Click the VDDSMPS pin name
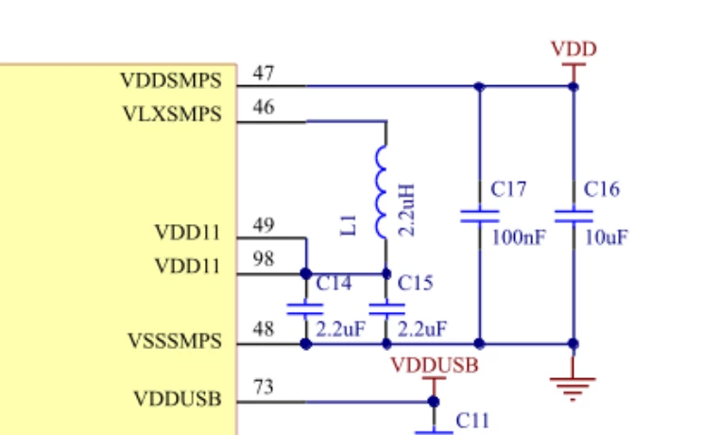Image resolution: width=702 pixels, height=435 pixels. click(x=171, y=80)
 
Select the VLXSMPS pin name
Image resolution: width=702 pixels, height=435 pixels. click(x=172, y=114)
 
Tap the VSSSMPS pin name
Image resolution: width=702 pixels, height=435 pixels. click(x=175, y=341)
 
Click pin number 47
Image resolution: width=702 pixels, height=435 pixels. click(x=264, y=73)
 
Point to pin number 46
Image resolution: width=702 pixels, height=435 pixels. click(x=264, y=107)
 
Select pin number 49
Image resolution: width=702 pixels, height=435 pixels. click(x=264, y=225)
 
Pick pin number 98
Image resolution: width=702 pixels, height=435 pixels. click(x=264, y=259)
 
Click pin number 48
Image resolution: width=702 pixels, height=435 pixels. click(x=264, y=330)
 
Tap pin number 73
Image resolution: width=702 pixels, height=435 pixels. click(x=264, y=387)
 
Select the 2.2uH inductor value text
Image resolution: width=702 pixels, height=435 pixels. click(x=406, y=210)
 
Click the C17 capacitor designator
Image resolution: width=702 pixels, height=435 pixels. click(x=508, y=189)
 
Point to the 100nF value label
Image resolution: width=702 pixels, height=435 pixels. click(x=519, y=237)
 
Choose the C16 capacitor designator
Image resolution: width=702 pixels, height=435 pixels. click(x=602, y=189)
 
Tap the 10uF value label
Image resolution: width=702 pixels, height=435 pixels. click(x=607, y=237)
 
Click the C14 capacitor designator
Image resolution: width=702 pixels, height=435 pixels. click(x=334, y=283)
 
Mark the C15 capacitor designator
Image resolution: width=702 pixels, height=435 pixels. click(x=416, y=283)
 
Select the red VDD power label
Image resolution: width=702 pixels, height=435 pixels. click(x=574, y=49)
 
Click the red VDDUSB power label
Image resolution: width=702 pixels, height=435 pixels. click(x=435, y=366)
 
